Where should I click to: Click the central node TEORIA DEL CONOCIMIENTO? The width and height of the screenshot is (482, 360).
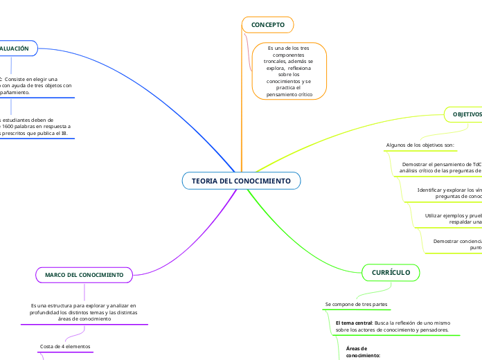241,181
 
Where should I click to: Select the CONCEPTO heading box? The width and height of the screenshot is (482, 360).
267,25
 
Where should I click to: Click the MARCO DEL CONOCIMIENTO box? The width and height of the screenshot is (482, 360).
84,276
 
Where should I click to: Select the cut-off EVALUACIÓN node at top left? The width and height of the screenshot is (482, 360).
15,48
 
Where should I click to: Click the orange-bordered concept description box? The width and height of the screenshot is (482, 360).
288,71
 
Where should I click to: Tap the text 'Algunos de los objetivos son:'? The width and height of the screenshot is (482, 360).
420,145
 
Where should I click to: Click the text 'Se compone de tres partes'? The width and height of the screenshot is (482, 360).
356,305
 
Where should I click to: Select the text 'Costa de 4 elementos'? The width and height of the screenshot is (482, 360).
64,346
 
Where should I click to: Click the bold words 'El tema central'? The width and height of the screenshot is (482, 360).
354,323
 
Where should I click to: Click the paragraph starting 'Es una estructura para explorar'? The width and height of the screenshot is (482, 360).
83,312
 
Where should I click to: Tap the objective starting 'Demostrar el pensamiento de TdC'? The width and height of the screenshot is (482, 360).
440,168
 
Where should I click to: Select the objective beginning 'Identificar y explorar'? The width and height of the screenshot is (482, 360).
449,193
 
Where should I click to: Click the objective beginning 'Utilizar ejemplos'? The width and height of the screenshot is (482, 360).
453,219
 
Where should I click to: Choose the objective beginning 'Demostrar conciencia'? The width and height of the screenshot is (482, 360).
457,244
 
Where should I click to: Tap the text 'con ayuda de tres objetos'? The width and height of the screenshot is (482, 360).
43,85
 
